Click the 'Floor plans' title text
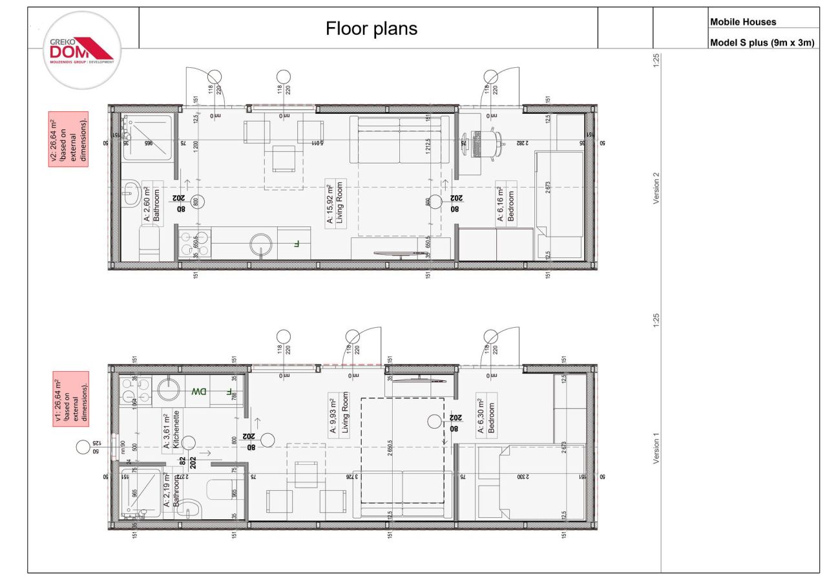372,28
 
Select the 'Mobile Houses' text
743,22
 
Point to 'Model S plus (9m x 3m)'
762,43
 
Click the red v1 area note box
70,398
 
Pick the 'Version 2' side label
657,188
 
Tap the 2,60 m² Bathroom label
151,202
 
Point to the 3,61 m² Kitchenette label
171,430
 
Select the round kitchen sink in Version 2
262,244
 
